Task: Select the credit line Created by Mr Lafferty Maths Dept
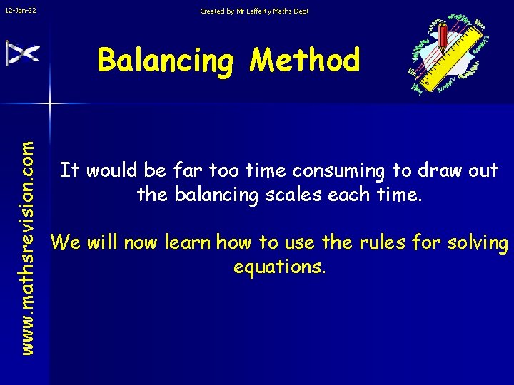click(x=254, y=11)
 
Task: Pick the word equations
click(x=278, y=267)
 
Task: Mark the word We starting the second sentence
click(x=66, y=243)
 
